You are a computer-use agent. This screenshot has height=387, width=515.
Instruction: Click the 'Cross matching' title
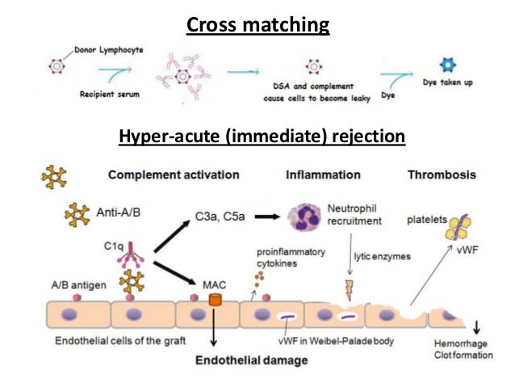pyautogui.click(x=257, y=25)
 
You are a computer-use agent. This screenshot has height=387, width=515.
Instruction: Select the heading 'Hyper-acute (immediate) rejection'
pyautogui.click(x=262, y=137)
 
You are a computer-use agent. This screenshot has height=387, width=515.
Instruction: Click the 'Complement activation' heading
pyautogui.click(x=174, y=175)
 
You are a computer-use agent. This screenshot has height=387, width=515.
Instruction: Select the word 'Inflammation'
pyautogui.click(x=324, y=175)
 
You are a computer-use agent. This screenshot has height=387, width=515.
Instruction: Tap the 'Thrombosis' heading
pyautogui.click(x=442, y=175)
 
